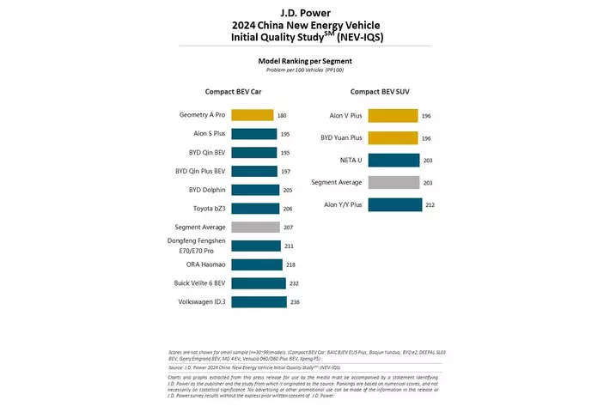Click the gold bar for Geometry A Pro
coord(252,115)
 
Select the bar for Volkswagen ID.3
coord(259,302)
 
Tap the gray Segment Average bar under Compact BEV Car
coord(255,227)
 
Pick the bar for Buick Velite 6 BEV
coord(258,283)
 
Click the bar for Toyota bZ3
coord(255,209)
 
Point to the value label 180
coord(283,115)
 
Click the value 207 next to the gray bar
coord(290,227)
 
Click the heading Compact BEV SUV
coord(385,91)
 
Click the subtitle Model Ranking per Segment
coord(304,61)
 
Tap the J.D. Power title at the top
coord(304,11)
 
